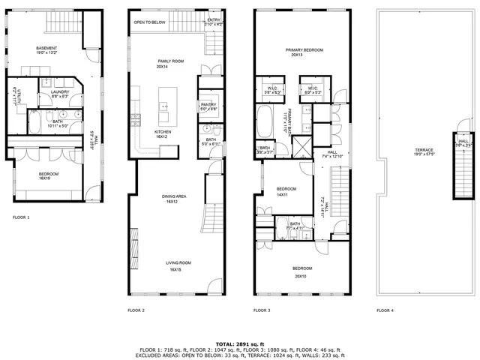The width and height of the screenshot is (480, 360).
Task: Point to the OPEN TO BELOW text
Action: (x=150, y=22)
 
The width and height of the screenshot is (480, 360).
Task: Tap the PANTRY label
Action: (x=208, y=106)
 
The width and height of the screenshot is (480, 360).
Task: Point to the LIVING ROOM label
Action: (x=176, y=264)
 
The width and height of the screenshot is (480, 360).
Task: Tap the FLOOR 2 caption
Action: (x=136, y=310)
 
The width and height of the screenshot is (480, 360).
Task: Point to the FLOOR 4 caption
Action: (x=386, y=310)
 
